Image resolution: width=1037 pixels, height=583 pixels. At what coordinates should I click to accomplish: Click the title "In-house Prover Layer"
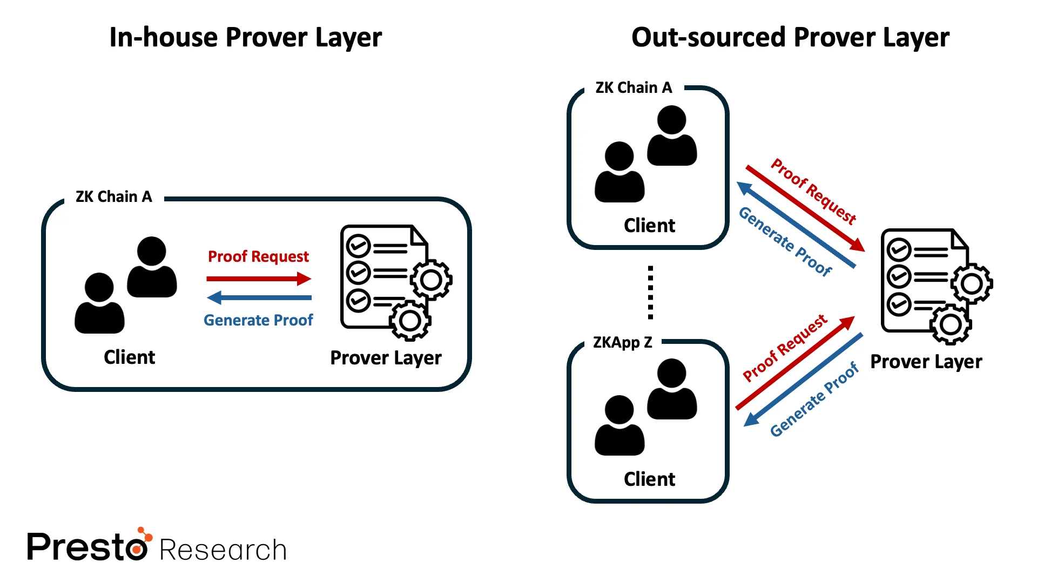pos(245,38)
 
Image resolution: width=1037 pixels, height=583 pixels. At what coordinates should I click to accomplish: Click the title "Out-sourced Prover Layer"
pos(790,38)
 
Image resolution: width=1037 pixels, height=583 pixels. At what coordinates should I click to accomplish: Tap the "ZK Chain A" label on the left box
pos(113,197)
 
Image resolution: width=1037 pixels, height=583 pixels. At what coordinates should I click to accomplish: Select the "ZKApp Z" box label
pos(622,343)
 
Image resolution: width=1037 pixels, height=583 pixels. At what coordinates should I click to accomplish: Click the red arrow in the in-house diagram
pos(258,279)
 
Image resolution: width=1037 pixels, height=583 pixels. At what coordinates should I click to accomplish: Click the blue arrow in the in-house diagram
pos(259,297)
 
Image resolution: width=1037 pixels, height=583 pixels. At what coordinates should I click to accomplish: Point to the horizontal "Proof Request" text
pos(258,256)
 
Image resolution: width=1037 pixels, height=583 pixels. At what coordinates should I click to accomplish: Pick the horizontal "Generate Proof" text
pos(258,321)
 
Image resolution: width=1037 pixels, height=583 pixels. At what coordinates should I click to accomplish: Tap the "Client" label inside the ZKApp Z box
pos(649,479)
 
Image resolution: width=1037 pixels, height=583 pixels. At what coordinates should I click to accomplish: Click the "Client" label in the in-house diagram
pos(129,357)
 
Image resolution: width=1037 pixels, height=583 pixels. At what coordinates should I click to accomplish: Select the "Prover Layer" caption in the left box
pos(386,358)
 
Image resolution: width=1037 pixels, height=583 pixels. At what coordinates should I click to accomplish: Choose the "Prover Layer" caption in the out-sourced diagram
pos(926,362)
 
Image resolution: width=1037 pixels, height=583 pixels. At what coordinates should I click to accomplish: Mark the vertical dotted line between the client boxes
pos(650,292)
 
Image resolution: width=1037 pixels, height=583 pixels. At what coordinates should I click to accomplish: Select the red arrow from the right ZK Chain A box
pos(805,208)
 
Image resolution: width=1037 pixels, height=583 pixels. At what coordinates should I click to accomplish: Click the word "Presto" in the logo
pos(86,547)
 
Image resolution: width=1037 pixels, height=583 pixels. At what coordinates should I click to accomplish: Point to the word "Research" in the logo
pos(223,551)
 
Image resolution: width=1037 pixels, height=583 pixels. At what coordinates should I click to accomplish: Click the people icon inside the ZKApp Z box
pos(645,408)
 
